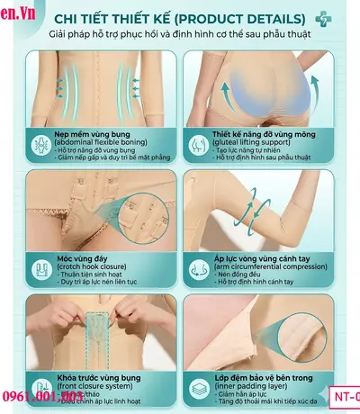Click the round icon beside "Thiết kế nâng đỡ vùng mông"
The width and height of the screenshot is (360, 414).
(195, 142)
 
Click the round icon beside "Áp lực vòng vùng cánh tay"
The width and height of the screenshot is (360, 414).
(195, 266)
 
